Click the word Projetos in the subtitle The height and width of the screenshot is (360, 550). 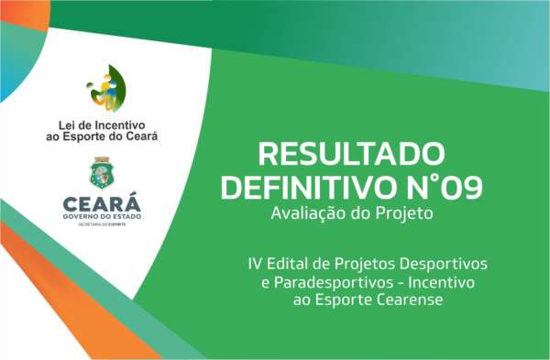tap(362, 264)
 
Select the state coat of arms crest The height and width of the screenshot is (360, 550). tap(102, 173)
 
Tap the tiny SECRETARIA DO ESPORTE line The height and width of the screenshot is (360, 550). tap(102, 224)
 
